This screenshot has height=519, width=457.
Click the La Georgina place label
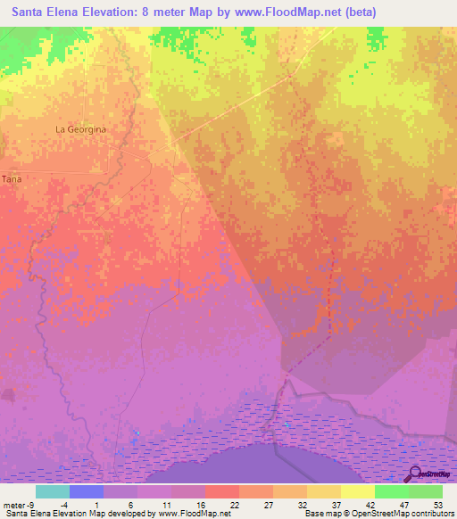(x=80, y=129)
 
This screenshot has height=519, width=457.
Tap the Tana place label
(x=12, y=179)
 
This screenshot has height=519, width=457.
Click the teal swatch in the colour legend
(x=52, y=491)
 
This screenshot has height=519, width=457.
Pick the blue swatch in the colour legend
(x=86, y=491)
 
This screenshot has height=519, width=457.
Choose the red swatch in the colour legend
(x=221, y=491)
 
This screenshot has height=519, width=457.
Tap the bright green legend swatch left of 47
(x=391, y=491)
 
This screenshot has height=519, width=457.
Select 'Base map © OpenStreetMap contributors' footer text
(x=378, y=514)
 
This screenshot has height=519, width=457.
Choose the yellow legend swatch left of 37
(x=323, y=491)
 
